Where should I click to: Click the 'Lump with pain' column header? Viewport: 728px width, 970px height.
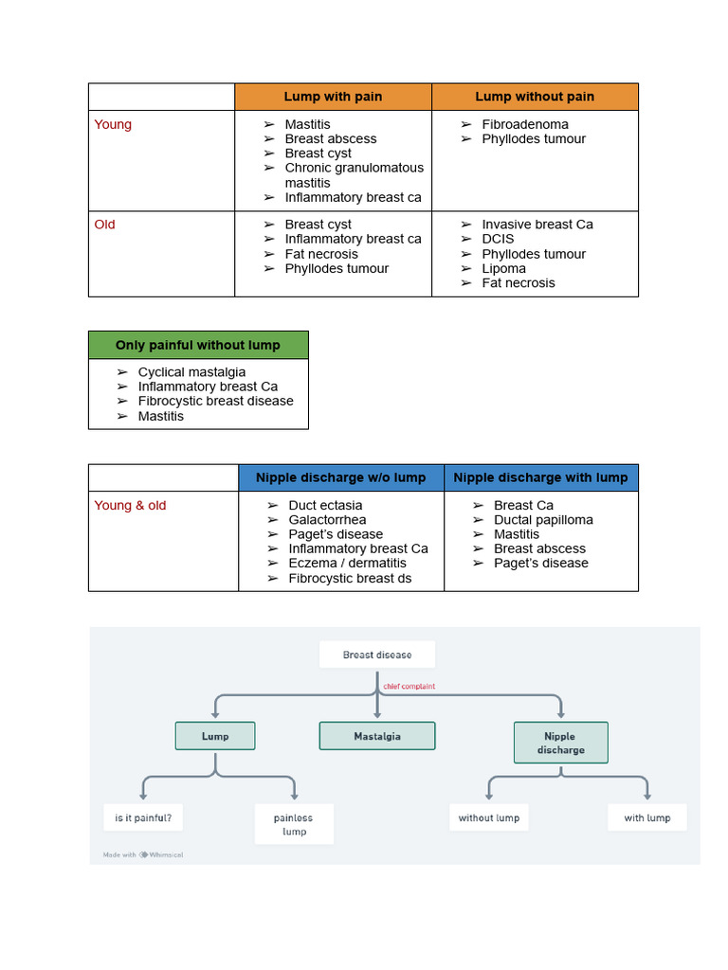pos(333,97)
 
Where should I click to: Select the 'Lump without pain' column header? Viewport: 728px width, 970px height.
pos(535,97)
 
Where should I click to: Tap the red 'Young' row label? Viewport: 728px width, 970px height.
pos(113,124)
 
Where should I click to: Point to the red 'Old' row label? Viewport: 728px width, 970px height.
pos(104,225)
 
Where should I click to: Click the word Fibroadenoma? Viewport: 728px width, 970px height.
pos(525,124)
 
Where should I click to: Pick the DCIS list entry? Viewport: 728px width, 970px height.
pos(498,239)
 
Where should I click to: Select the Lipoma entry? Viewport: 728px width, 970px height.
pos(503,268)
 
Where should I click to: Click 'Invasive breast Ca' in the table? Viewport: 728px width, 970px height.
pos(537,225)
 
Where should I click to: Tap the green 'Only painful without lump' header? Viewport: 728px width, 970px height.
pos(198,345)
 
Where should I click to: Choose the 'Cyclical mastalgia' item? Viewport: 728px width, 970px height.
pos(191,372)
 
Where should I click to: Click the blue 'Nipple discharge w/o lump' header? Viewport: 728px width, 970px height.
pos(340,477)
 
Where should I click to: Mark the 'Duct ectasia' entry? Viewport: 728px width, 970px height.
pos(325,505)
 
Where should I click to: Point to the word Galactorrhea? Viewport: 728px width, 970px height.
pos(327,519)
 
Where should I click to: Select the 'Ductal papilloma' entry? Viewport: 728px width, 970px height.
pos(543,519)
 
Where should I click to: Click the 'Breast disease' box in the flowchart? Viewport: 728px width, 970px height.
pos(377,655)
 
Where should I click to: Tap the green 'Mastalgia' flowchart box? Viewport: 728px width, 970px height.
pos(377,736)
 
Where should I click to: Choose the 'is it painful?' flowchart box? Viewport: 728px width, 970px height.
pos(143,817)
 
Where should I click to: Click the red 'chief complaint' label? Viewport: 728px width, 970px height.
pos(409,686)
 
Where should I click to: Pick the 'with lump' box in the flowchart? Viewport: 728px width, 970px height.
pos(646,817)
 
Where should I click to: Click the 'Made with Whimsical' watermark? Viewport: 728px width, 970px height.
pos(143,854)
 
